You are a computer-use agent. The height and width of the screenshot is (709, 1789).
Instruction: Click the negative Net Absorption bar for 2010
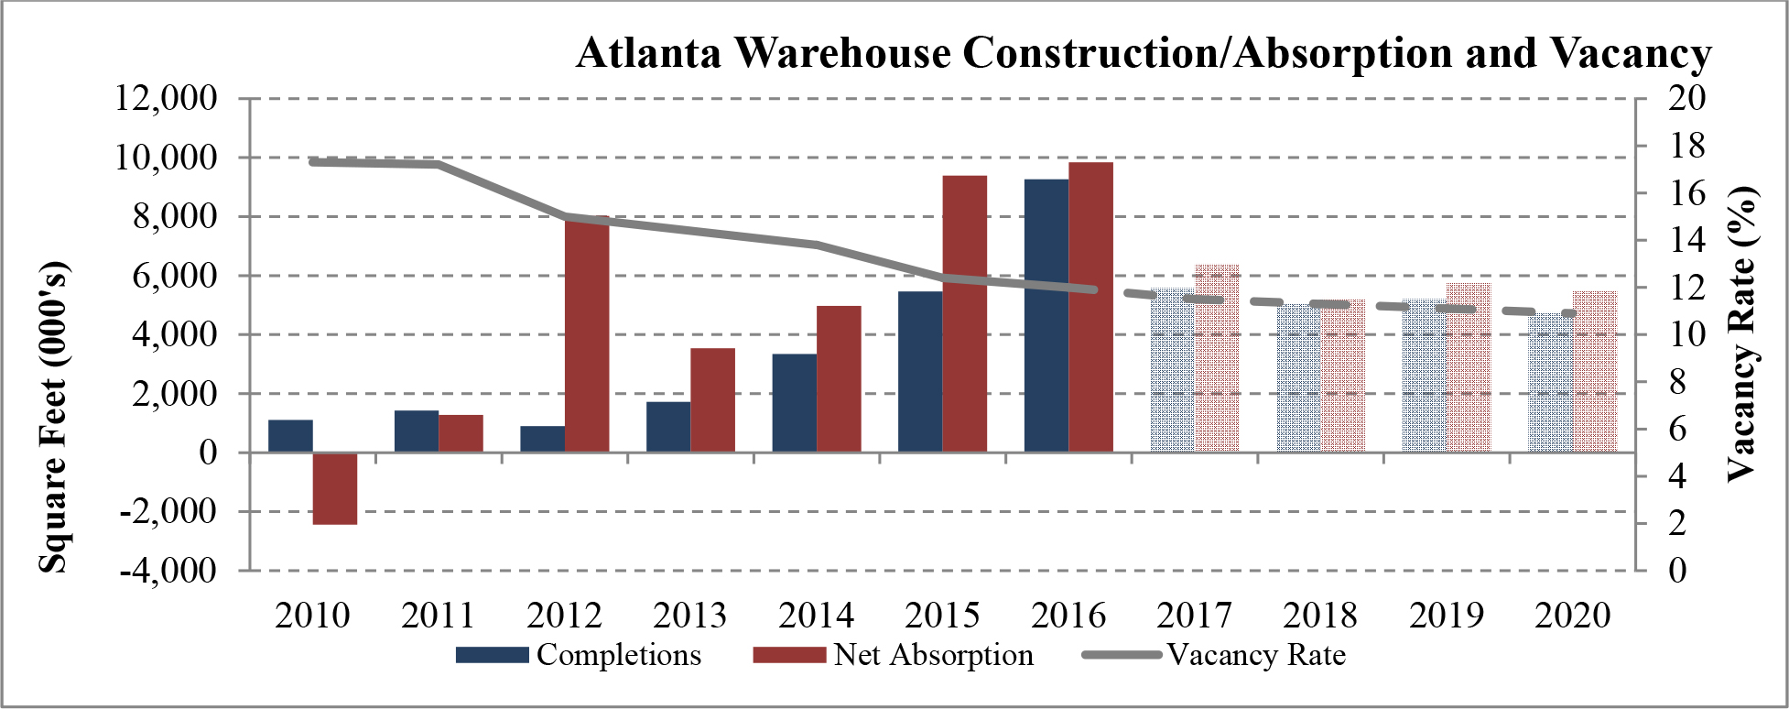tap(335, 488)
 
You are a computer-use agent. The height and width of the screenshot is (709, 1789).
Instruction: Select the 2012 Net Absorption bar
tap(587, 334)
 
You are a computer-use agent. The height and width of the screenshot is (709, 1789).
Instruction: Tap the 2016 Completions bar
tap(1046, 315)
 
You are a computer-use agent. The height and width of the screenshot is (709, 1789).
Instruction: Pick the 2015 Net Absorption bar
tap(965, 313)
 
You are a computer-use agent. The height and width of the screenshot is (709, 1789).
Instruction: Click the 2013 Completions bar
tap(668, 427)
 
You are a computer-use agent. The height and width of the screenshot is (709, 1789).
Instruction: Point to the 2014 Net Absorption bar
tap(839, 379)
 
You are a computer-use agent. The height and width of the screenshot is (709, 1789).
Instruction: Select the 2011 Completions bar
tap(417, 431)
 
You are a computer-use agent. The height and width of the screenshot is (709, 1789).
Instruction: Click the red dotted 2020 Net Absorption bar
tap(1595, 372)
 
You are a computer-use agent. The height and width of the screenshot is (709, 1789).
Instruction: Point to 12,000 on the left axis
tap(166, 97)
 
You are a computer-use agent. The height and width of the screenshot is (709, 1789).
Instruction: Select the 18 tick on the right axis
tap(1686, 145)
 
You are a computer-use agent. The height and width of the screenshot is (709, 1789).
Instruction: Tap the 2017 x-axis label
tap(1195, 615)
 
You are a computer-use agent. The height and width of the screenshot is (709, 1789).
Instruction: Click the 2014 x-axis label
tap(817, 615)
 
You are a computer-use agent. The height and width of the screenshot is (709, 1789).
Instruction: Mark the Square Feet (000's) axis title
tap(53, 418)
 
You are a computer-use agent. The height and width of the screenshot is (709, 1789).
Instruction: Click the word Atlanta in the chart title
tap(649, 52)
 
